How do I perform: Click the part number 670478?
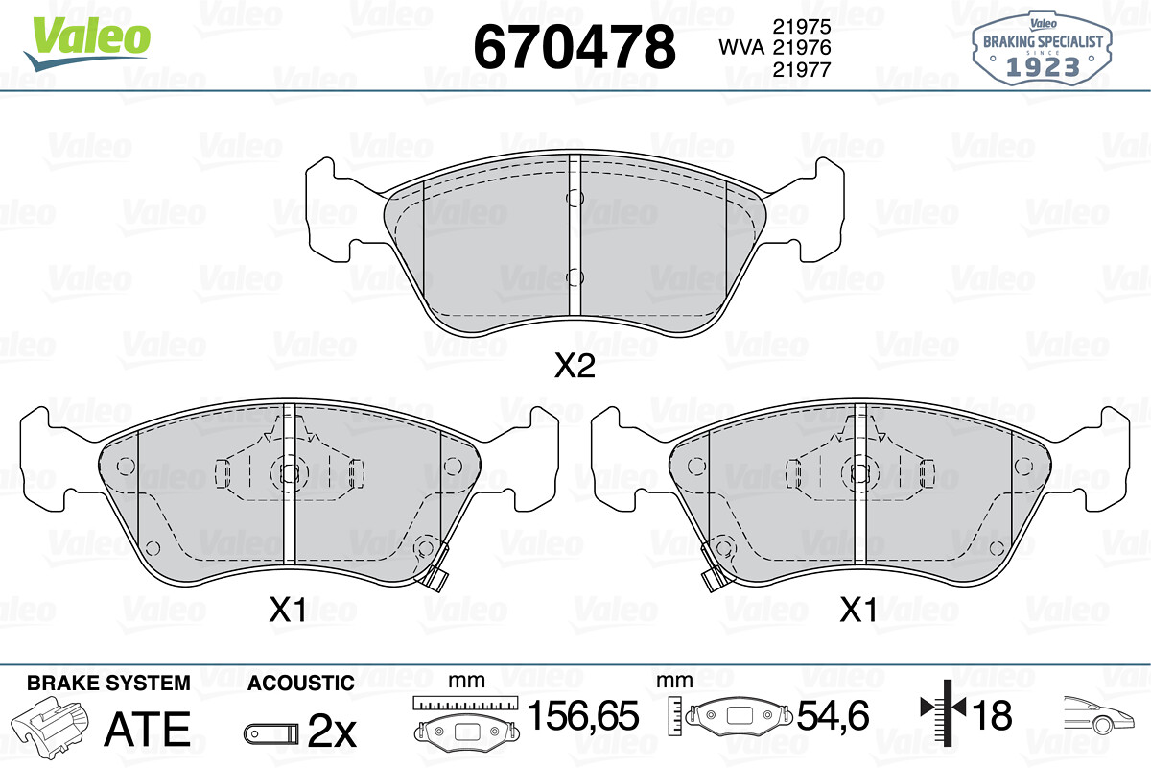(575, 47)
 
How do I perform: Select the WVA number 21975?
(802, 26)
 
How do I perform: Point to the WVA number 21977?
(802, 69)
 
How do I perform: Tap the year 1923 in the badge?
(1043, 67)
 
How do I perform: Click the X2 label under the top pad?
(575, 367)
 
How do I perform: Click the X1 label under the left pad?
(288, 610)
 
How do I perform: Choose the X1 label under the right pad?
(858, 610)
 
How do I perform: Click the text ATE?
(148, 729)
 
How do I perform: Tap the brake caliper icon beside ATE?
(49, 724)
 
